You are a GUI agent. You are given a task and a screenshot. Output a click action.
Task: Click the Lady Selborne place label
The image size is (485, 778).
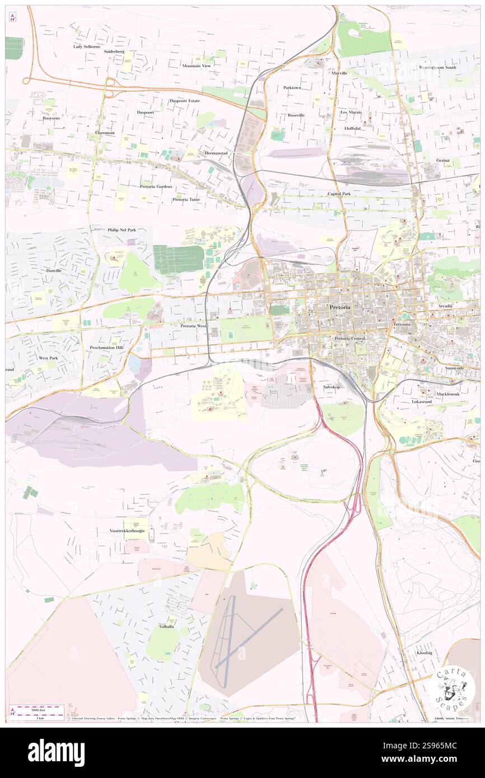(87, 46)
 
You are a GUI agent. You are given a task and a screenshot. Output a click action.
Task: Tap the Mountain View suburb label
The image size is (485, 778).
(196, 65)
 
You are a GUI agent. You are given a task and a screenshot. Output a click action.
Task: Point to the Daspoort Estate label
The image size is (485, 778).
(185, 101)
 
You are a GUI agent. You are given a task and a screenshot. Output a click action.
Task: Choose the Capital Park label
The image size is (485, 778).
(339, 194)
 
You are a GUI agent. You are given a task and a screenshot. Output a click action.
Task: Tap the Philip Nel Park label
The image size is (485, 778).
(122, 229)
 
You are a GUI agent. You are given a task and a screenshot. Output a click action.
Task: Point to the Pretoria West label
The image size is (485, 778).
(194, 325)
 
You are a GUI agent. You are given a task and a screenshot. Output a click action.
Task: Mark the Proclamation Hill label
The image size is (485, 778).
(106, 348)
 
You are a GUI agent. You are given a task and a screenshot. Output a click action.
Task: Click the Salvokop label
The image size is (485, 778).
(332, 387)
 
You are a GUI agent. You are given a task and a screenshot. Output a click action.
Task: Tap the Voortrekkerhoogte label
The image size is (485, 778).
(127, 530)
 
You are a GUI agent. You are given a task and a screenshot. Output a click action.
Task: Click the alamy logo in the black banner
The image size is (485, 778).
(56, 753)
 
